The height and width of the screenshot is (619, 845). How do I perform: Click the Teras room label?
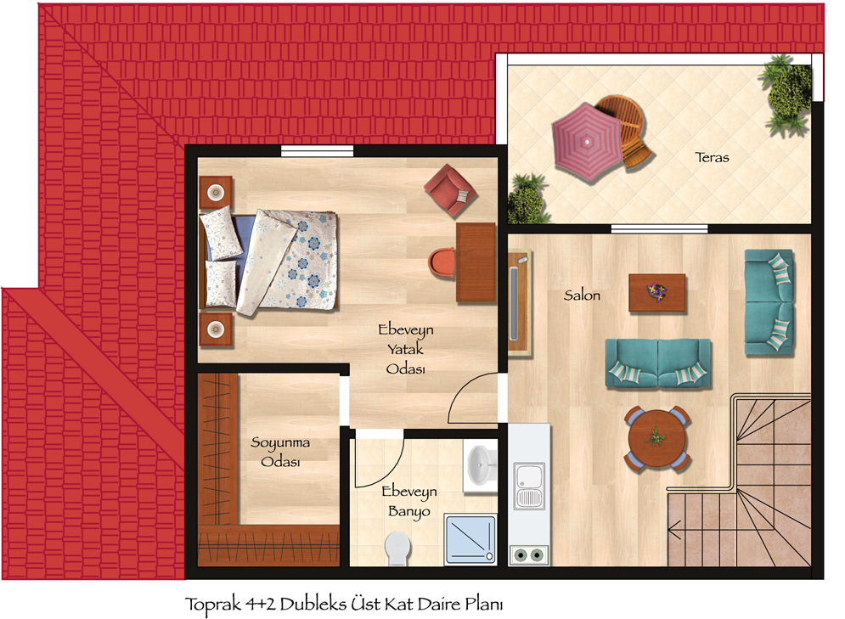[712, 157]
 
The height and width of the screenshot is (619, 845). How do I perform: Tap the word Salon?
[582, 295]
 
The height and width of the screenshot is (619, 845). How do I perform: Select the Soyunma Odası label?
[280, 452]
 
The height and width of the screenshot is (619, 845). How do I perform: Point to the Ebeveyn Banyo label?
[409, 501]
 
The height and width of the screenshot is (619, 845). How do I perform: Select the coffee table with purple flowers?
[657, 293]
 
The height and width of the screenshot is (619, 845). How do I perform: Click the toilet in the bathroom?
[397, 549]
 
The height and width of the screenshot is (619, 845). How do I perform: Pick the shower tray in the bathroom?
[470, 539]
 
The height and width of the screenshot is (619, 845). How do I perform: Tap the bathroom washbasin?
[481, 465]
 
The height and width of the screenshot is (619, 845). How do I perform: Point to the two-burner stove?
[529, 554]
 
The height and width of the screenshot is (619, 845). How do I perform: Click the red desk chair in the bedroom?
[442, 263]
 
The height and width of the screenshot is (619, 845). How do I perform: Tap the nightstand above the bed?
[216, 192]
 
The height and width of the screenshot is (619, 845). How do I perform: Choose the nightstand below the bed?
[216, 329]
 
